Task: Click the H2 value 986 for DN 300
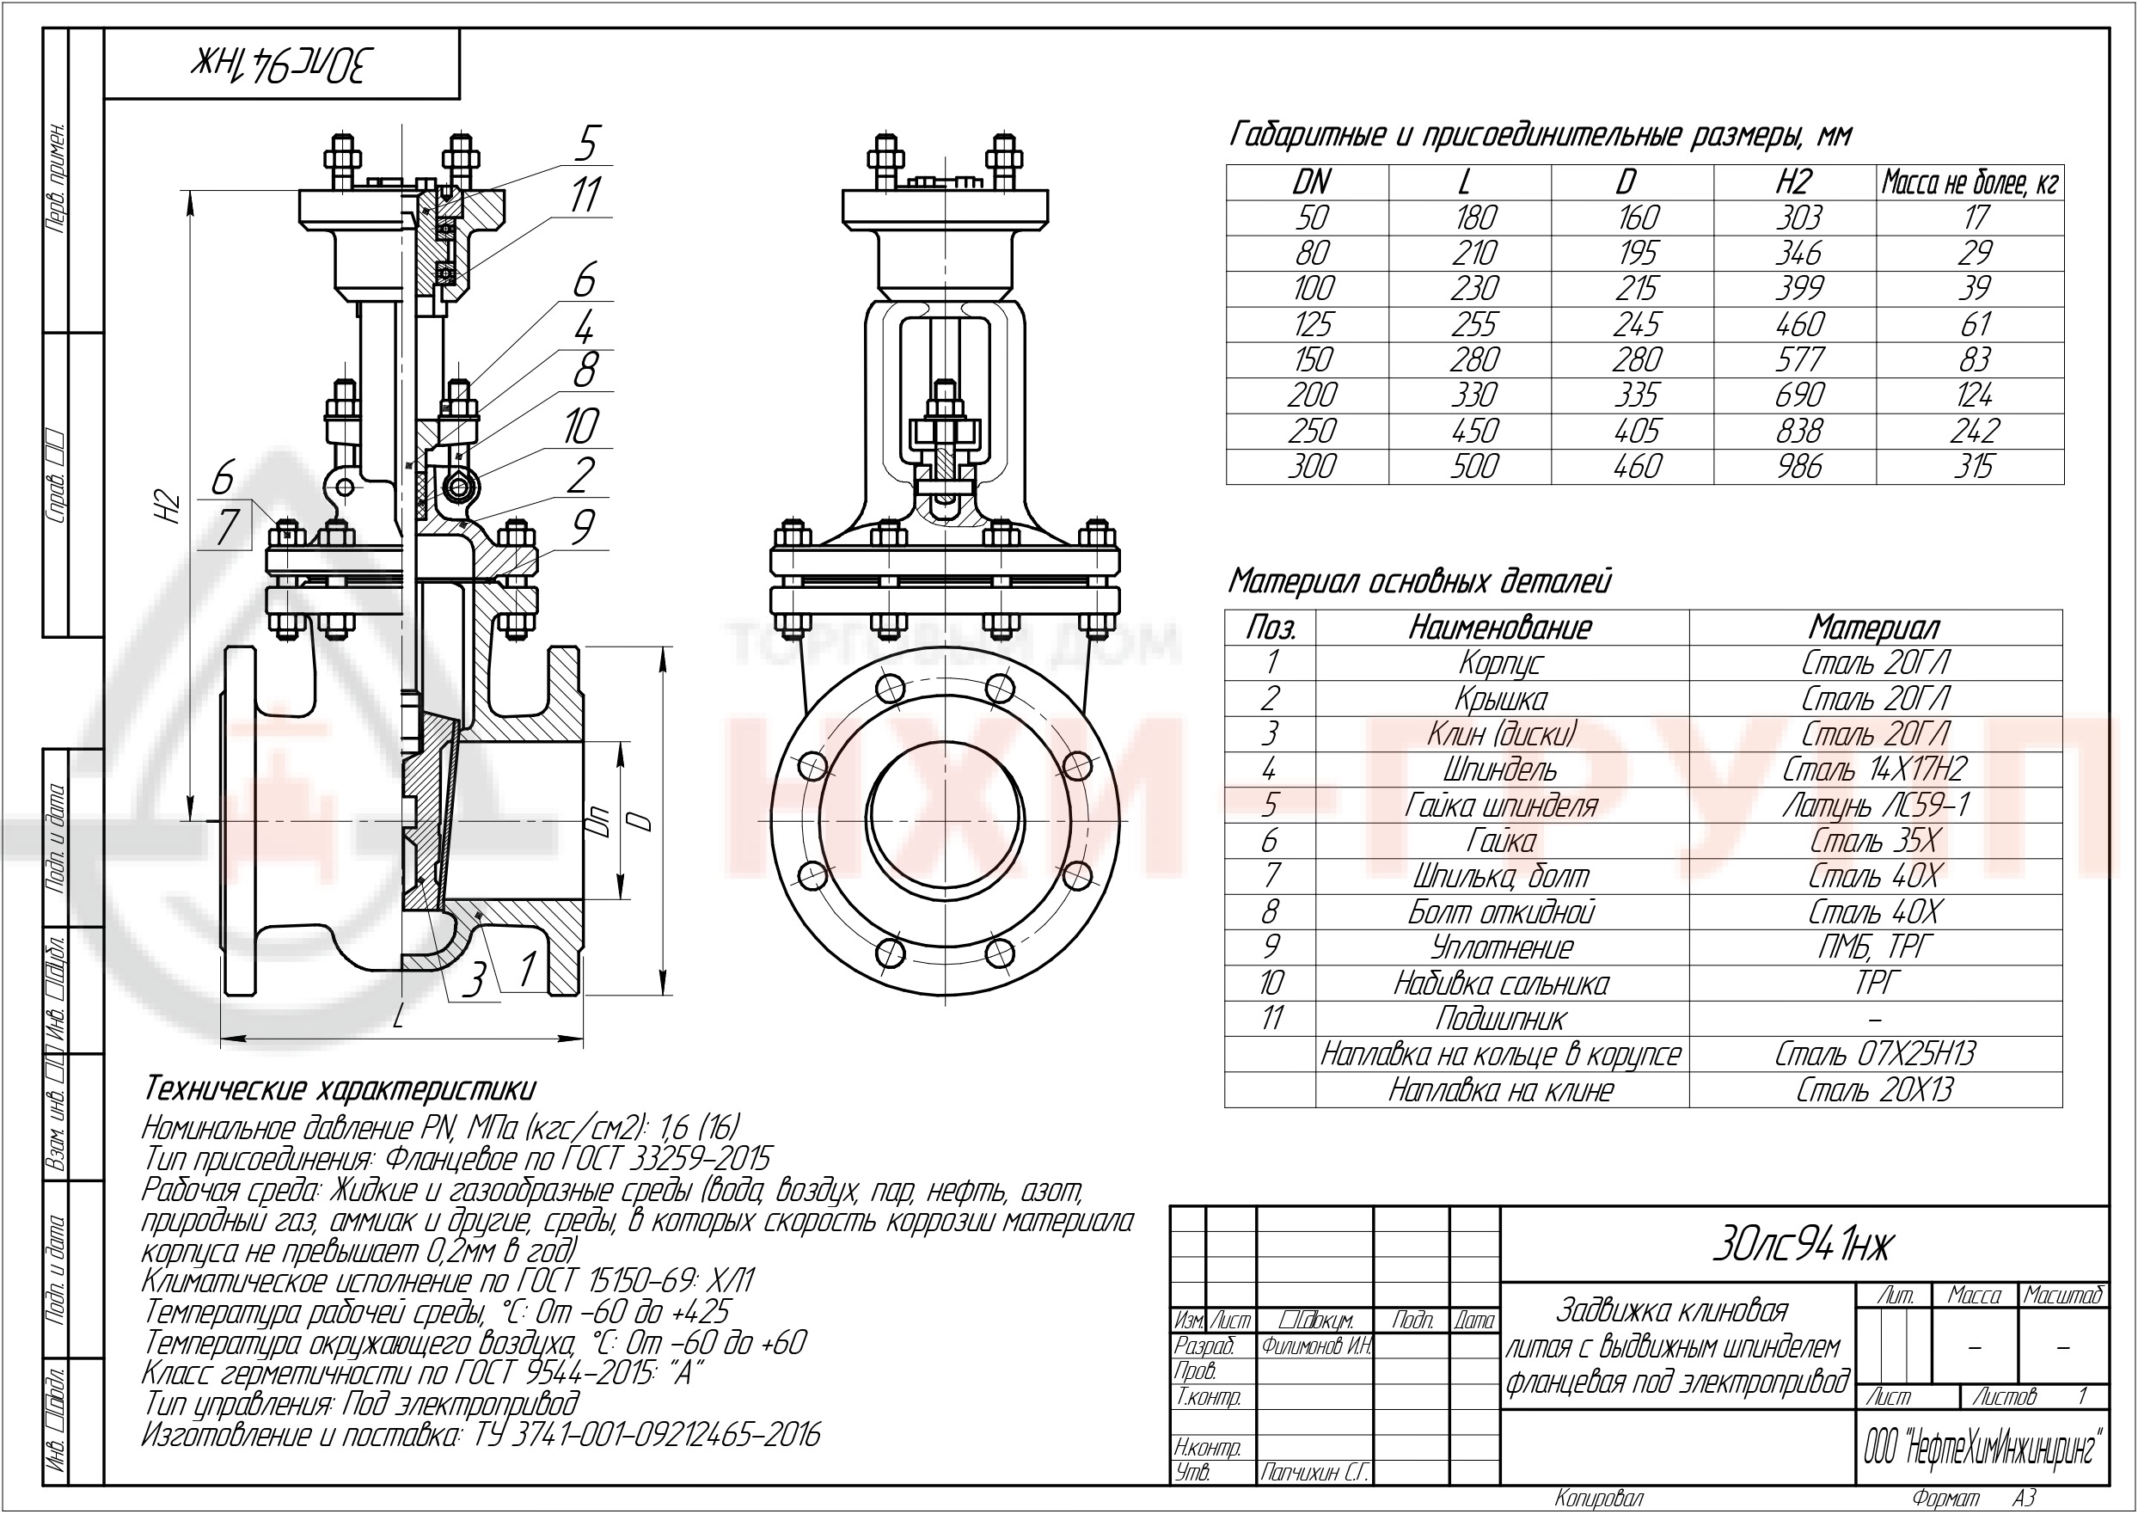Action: pyautogui.click(x=1798, y=467)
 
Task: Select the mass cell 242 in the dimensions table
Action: pyautogui.click(x=1974, y=431)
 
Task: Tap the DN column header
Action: pyautogui.click(x=1311, y=181)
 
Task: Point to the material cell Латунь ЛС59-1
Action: pyautogui.click(x=1875, y=806)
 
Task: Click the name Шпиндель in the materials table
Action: pyautogui.click(x=1500, y=770)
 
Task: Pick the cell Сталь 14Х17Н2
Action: pyautogui.click(x=1875, y=770)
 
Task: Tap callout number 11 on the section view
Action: pyautogui.click(x=585, y=196)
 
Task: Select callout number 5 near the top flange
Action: pyautogui.click(x=585, y=144)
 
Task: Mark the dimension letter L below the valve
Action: pyautogui.click(x=399, y=1018)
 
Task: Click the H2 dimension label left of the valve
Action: pyautogui.click(x=170, y=506)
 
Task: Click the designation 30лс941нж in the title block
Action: pyautogui.click(x=1803, y=1246)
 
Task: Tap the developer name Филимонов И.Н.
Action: pyautogui.click(x=1315, y=1346)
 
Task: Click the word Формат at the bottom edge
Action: pyautogui.click(x=1946, y=1499)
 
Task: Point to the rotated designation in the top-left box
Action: pyautogui.click(x=282, y=64)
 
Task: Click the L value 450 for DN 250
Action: pyautogui.click(x=1473, y=431)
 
